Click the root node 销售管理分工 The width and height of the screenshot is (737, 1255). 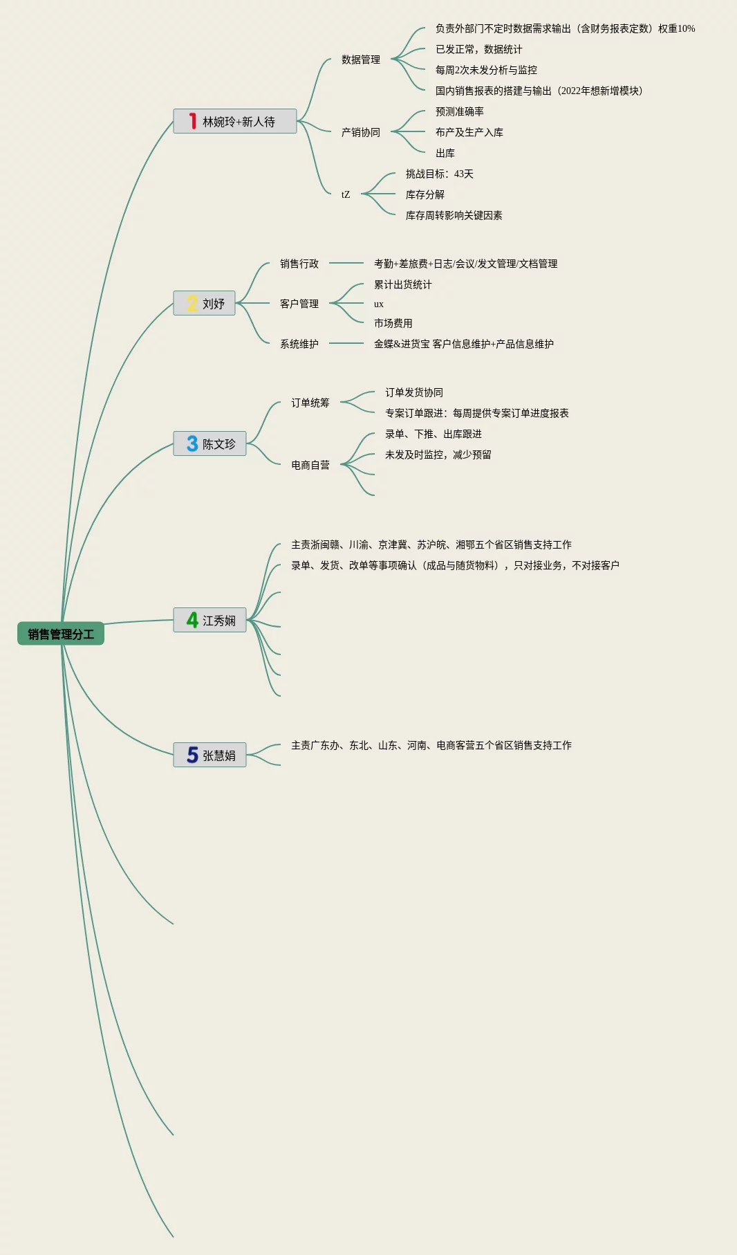pyautogui.click(x=61, y=634)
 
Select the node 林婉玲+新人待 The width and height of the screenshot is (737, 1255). pyautogui.click(x=235, y=122)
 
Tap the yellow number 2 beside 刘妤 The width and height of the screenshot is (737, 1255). pyautogui.click(x=192, y=304)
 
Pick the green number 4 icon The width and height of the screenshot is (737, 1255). pyautogui.click(x=192, y=621)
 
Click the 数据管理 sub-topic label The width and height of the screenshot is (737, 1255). pyautogui.click(x=360, y=59)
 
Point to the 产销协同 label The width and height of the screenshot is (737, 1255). pyautogui.click(x=360, y=132)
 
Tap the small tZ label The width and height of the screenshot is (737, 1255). pyautogui.click(x=346, y=194)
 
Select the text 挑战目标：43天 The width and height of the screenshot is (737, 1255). pyautogui.click(x=439, y=174)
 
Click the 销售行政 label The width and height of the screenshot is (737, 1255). pyautogui.click(x=299, y=264)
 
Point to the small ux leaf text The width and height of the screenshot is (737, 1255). pyautogui.click(x=378, y=304)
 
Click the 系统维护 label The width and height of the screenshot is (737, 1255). pyautogui.click(x=299, y=344)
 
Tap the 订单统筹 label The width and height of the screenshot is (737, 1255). pyautogui.click(x=310, y=403)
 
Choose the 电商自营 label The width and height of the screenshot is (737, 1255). pyautogui.click(x=310, y=465)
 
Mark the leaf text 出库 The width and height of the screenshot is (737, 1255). pyautogui.click(x=445, y=153)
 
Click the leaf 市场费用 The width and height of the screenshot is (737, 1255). pyautogui.click(x=393, y=323)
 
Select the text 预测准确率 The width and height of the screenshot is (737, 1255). pyautogui.click(x=459, y=111)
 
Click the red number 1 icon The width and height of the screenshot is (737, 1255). pyautogui.click(x=193, y=121)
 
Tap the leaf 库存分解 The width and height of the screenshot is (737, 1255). pyautogui.click(x=425, y=194)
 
